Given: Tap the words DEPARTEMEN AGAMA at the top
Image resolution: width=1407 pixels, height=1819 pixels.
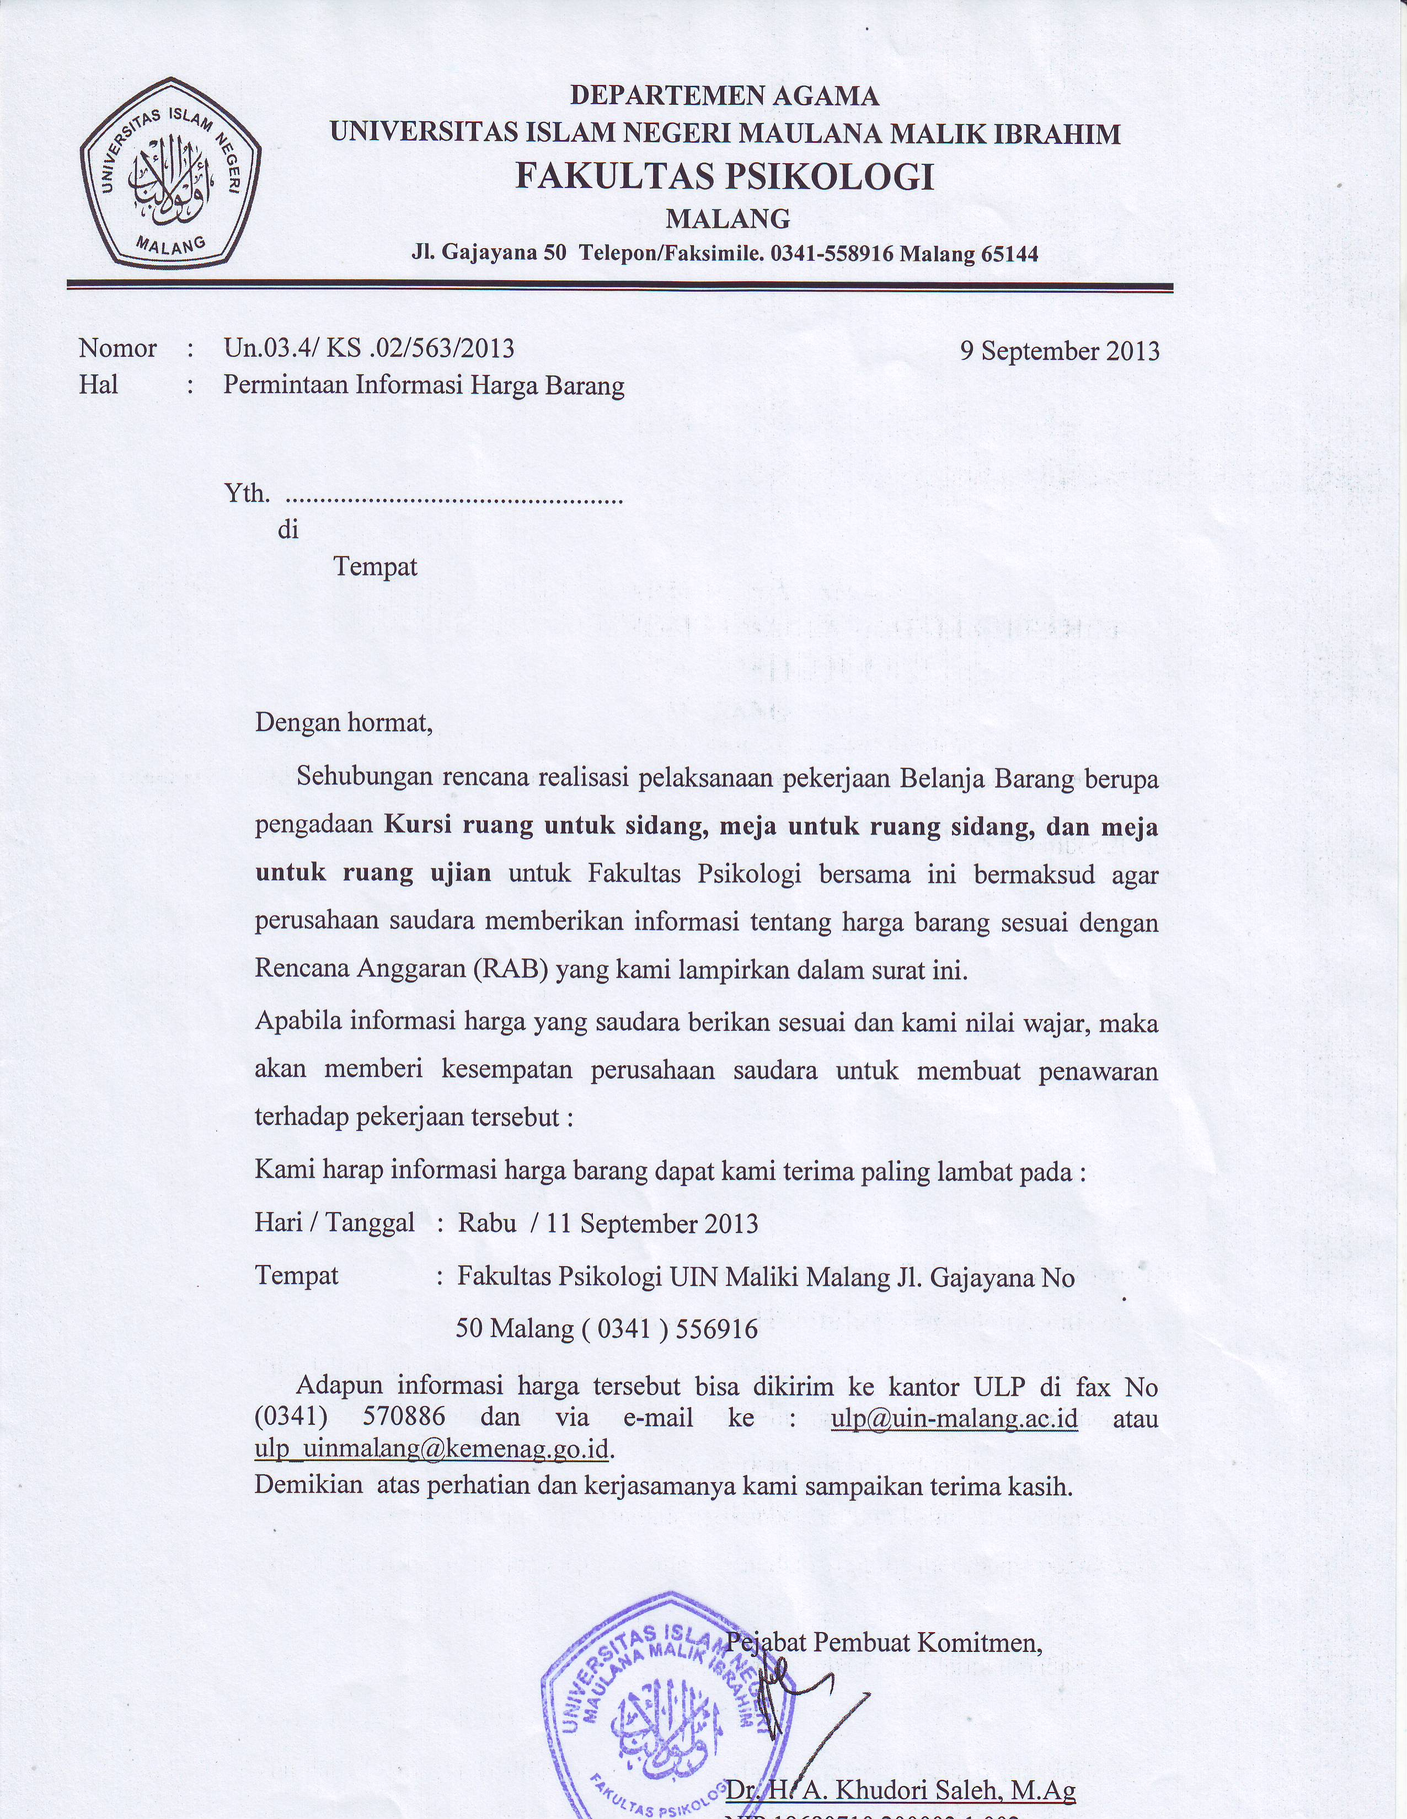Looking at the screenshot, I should pos(724,96).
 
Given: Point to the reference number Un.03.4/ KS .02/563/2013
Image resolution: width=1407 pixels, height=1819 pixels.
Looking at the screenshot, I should pos(369,347).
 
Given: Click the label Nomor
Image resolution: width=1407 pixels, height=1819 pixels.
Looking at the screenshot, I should pos(117,348).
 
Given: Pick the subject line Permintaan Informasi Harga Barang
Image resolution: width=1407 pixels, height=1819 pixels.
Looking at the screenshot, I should pos(423,385).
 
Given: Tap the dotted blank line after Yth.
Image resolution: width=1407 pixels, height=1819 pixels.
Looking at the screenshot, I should pos(454,500).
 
